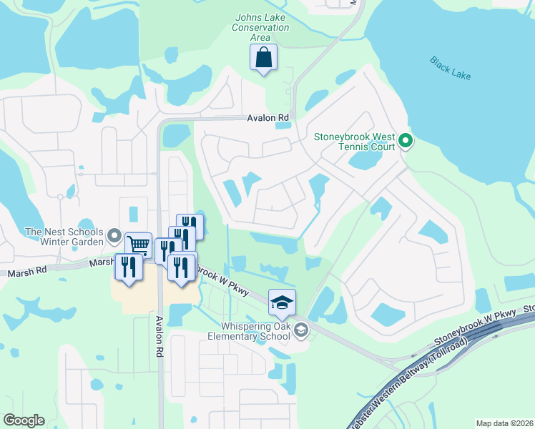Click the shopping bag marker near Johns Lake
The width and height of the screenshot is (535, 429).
[x=263, y=57]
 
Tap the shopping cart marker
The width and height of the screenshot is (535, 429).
[x=138, y=245]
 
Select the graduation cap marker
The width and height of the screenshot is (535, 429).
[x=282, y=302]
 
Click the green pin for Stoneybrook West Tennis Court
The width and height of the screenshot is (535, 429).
[x=406, y=140]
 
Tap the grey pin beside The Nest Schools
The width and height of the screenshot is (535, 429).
[x=114, y=235]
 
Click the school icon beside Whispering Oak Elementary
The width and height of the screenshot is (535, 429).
[x=301, y=329]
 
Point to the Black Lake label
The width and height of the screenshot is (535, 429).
[x=451, y=68]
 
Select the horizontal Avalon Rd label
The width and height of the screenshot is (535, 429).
[x=268, y=118]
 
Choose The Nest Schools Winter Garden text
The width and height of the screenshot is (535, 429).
[x=64, y=235]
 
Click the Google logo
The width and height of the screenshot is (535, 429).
[x=24, y=420]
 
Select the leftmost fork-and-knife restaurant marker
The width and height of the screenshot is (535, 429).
[x=129, y=267]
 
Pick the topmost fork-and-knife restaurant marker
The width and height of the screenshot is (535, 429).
[x=190, y=226]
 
